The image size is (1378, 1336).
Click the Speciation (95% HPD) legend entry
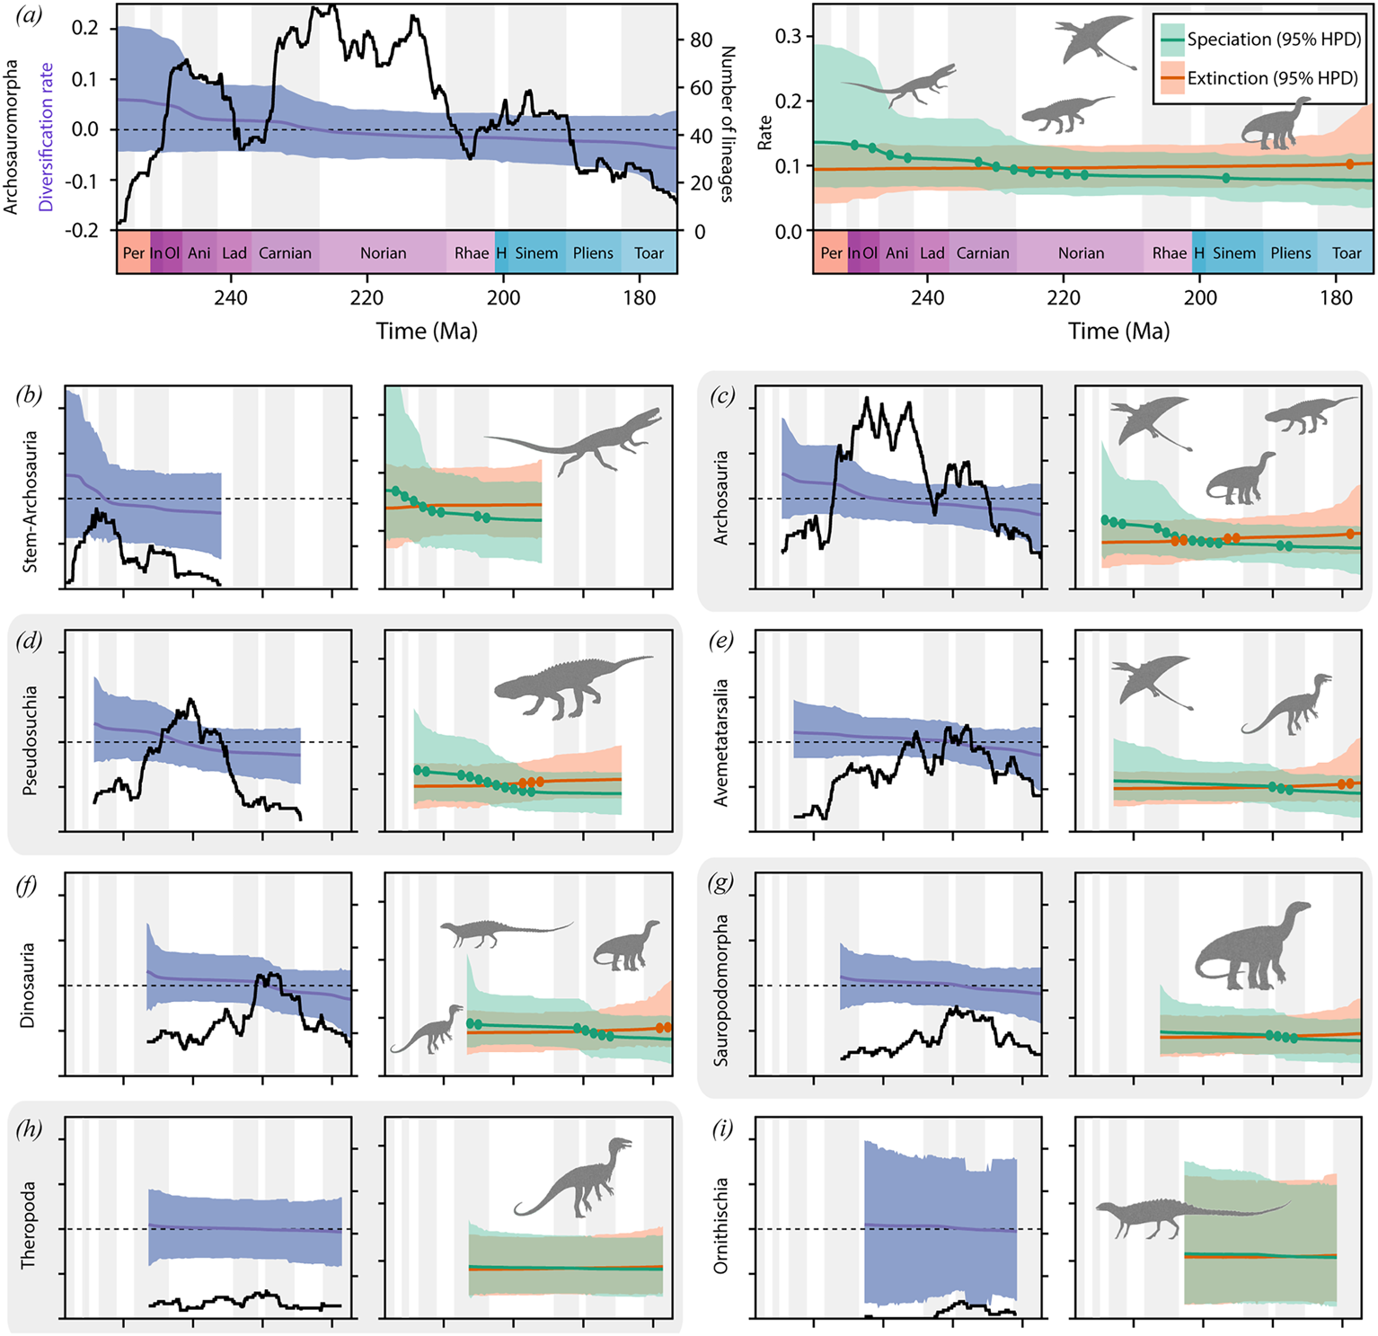1260,40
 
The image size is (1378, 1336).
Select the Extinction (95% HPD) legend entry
1260,78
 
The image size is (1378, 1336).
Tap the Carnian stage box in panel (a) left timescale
285,252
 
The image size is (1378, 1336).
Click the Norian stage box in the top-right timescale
1081,252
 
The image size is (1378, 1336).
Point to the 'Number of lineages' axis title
728,124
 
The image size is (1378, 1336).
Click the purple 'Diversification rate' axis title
46,137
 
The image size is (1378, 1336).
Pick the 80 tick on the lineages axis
701,40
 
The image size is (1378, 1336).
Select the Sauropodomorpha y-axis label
720,990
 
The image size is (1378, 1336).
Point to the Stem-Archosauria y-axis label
30,501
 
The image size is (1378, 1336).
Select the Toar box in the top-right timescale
1347,252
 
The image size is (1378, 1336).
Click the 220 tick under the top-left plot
367,297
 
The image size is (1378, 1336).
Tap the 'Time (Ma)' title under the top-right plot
1119,331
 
